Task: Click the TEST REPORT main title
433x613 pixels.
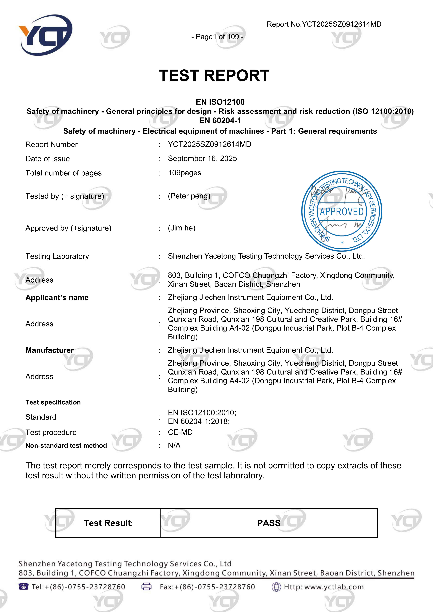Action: (x=214, y=76)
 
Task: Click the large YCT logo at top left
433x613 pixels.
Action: (x=45, y=35)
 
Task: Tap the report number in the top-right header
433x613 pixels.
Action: (x=324, y=24)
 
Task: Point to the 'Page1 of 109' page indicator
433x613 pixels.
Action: (x=217, y=37)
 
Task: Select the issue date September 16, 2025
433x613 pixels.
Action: (x=202, y=159)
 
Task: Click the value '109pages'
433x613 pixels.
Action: (x=184, y=173)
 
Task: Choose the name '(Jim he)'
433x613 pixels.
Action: (x=181, y=228)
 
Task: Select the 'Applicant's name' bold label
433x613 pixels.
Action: (x=57, y=298)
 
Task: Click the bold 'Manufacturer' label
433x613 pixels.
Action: (x=50, y=350)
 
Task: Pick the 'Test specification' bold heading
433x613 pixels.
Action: (x=53, y=402)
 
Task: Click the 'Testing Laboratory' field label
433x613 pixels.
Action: (x=57, y=256)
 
